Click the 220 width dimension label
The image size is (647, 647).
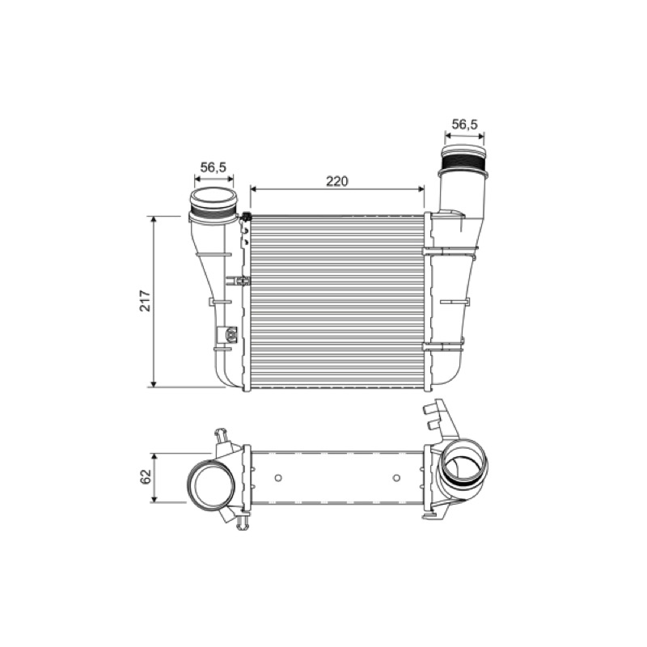337,180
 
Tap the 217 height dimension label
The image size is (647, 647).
146,301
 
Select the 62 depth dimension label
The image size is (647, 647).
146,476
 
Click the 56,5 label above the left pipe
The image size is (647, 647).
214,167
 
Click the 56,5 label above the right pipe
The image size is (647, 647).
464,124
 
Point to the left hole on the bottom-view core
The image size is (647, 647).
278,478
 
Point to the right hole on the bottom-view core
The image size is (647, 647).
396,478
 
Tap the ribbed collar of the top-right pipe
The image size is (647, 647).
463,161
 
